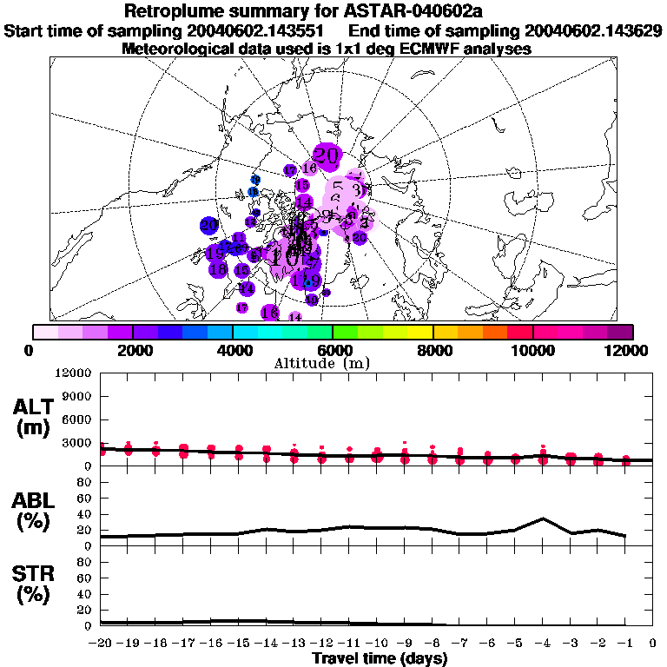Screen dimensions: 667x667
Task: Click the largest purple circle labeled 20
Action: (327, 155)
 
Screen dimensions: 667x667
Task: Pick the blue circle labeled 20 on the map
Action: (208, 225)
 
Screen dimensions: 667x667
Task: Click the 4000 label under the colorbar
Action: (232, 349)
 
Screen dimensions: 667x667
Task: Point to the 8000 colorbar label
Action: (433, 349)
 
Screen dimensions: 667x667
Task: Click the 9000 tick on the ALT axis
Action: (79, 396)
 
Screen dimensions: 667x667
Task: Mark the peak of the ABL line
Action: (543, 518)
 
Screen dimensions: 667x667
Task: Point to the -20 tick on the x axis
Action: (102, 643)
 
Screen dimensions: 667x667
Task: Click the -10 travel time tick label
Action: (376, 643)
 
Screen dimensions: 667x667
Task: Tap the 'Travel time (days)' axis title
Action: (380, 658)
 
